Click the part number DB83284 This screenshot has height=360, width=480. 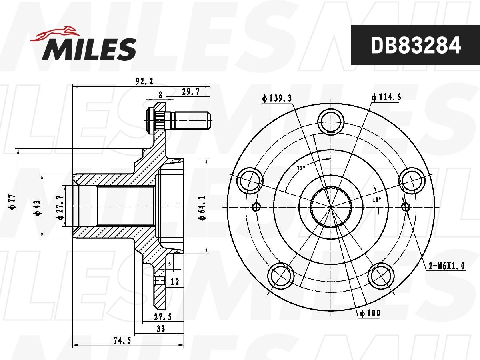pyautogui.click(x=416, y=45)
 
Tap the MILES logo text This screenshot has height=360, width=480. pyautogui.click(x=89, y=49)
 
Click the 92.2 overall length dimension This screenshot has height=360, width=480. pyautogui.click(x=144, y=81)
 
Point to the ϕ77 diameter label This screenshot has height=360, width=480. pyautogui.click(x=12, y=202)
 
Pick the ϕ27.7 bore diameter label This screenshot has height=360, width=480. pyautogui.click(x=60, y=207)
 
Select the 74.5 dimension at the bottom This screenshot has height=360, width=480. pyautogui.click(x=122, y=340)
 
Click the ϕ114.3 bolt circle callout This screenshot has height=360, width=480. pyautogui.click(x=386, y=97)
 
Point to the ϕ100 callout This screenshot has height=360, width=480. pyautogui.click(x=370, y=313)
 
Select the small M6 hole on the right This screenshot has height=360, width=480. pyautogui.click(x=405, y=207)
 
